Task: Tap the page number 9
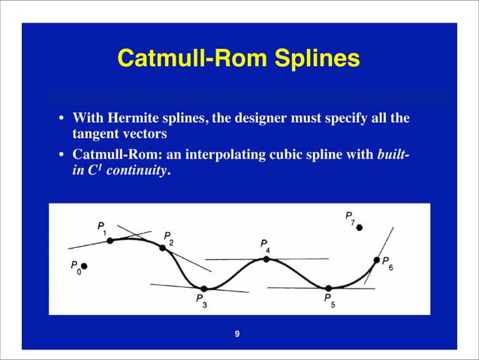pos(237,334)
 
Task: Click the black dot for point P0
pos(85,266)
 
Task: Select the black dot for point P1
pos(110,241)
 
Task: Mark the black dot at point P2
pos(162,247)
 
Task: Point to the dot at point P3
pos(203,287)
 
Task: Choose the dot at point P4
pos(266,259)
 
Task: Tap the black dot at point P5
pos(328,288)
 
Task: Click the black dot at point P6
pos(376,260)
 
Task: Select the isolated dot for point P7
pos(360,227)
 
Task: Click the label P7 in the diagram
pos(351,217)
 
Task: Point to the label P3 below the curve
pos(201,300)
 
